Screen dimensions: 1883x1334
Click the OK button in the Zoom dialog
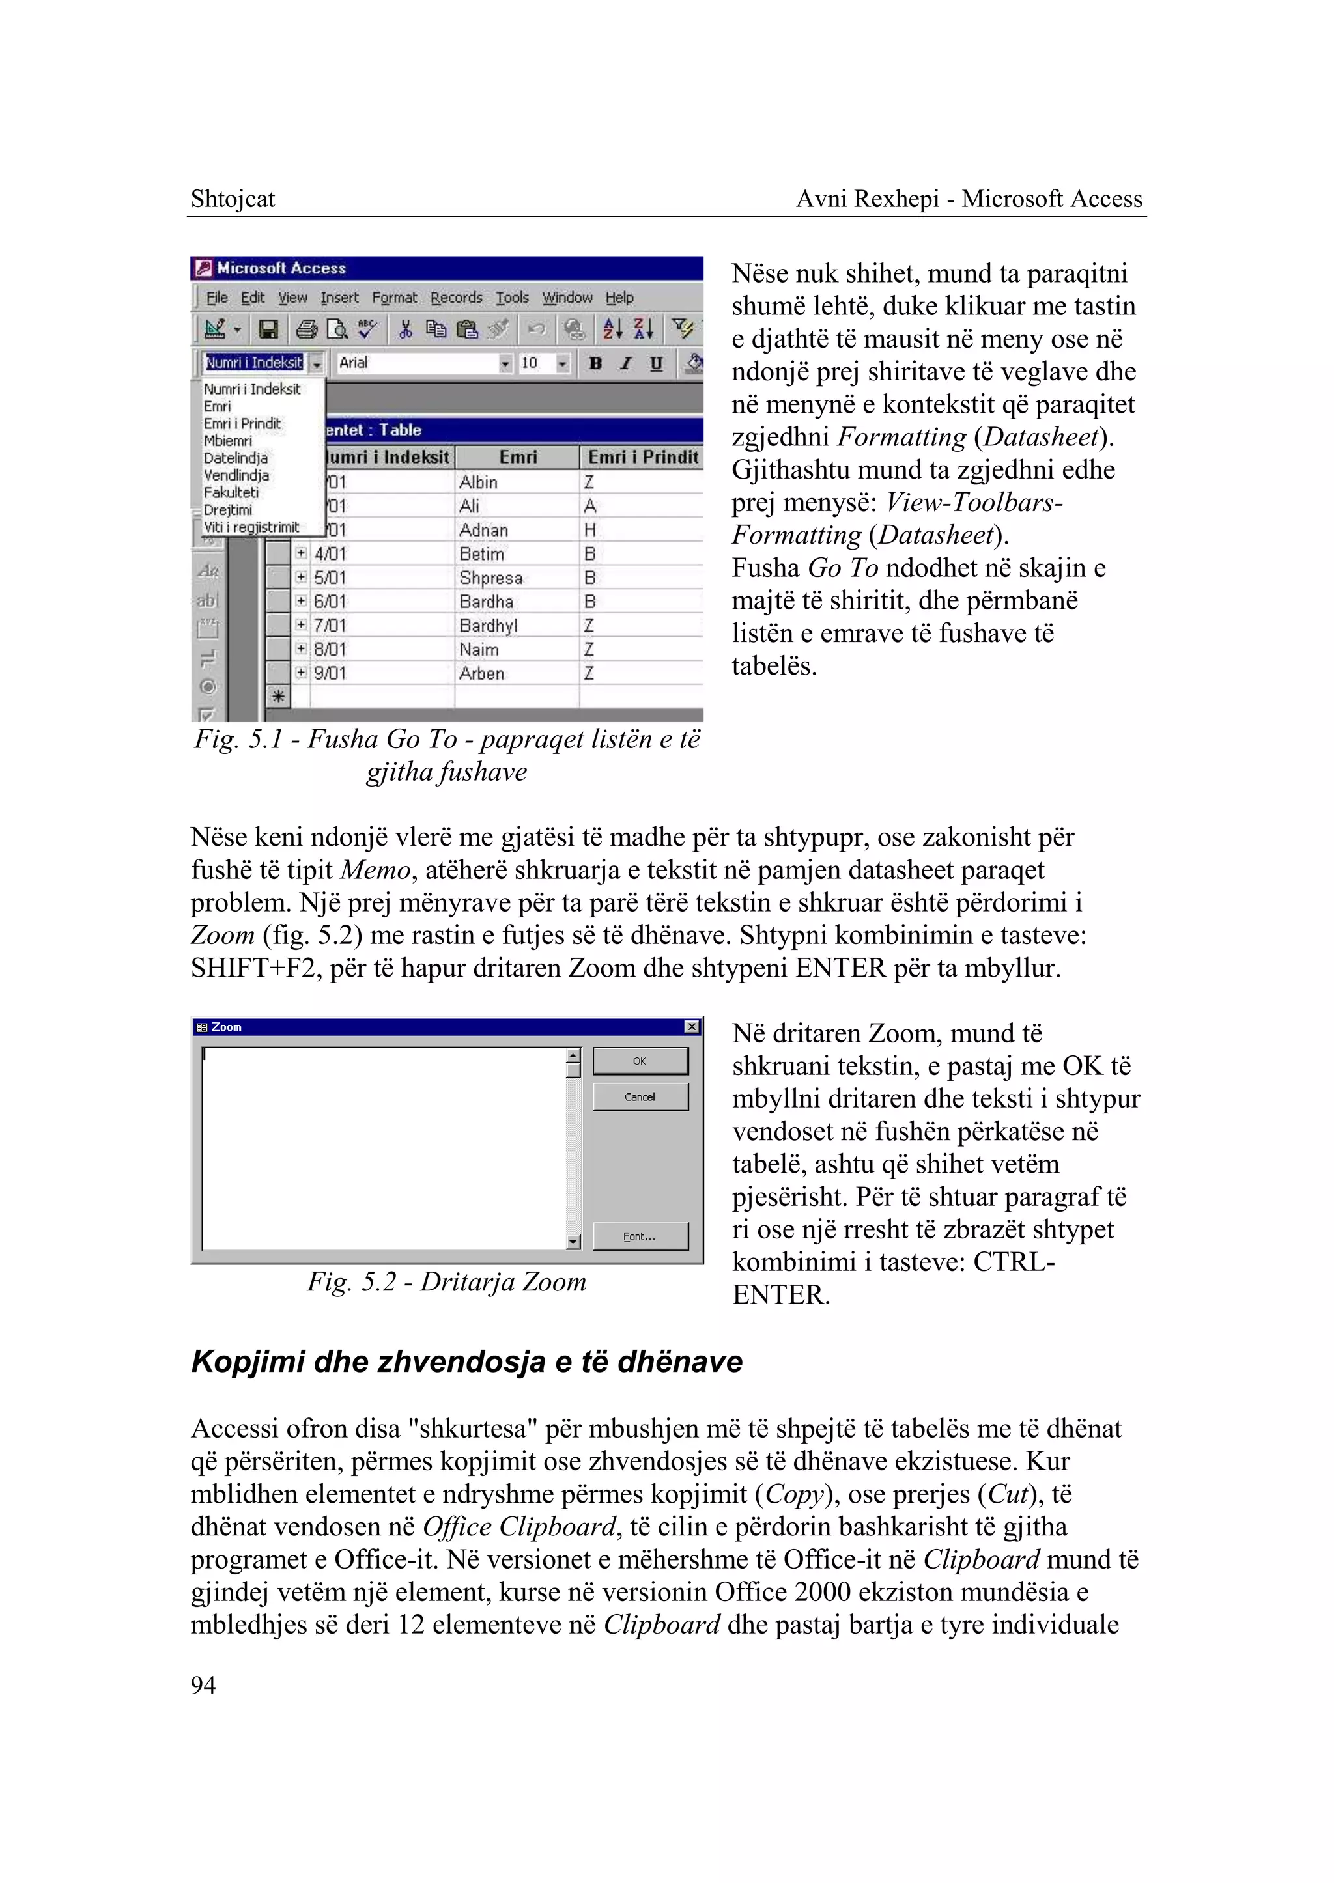pyautogui.click(x=640, y=1061)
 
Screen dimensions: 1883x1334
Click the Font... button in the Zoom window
pyautogui.click(x=640, y=1236)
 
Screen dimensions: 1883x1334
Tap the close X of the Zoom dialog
pyautogui.click(x=692, y=1027)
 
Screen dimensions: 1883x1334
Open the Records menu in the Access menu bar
pyautogui.click(x=456, y=298)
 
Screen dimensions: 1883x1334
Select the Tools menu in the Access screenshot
pyautogui.click(x=512, y=298)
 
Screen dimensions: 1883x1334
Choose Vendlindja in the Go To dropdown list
pyautogui.click(x=236, y=475)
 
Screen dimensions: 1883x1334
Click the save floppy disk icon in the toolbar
pyautogui.click(x=268, y=330)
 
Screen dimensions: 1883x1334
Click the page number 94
pyautogui.click(x=203, y=1684)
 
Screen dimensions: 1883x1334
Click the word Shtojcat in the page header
pyautogui.click(x=233, y=199)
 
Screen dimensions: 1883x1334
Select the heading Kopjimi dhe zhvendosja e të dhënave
pyautogui.click(x=466, y=1361)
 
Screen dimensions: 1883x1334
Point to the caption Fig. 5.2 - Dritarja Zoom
pyautogui.click(x=447, y=1282)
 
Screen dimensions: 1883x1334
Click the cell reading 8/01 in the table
pyautogui.click(x=330, y=650)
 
